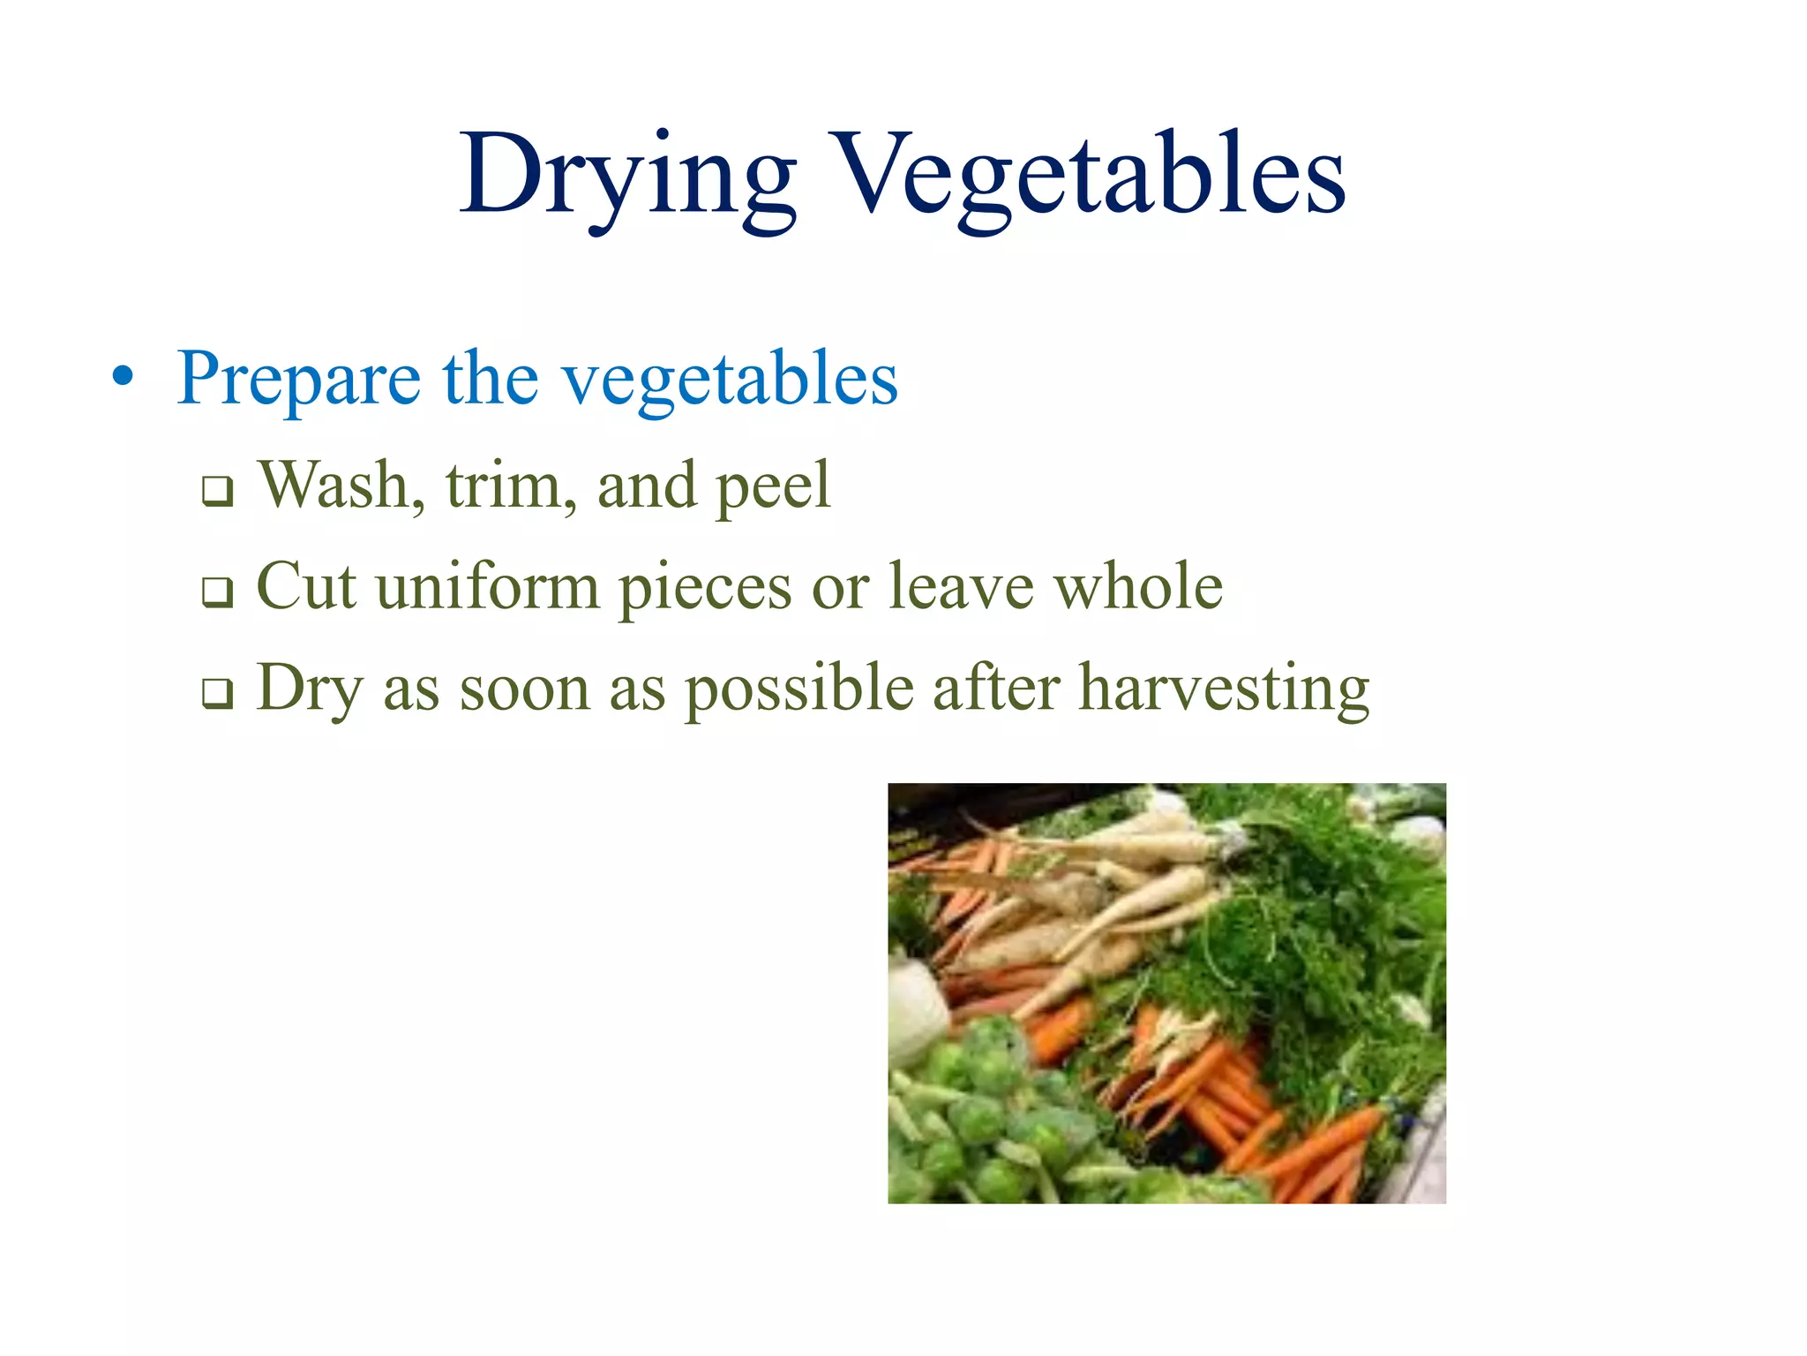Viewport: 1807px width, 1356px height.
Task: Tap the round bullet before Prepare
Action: coord(124,378)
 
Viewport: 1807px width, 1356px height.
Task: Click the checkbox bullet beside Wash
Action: coord(217,491)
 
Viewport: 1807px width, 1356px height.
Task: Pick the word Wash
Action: coord(341,486)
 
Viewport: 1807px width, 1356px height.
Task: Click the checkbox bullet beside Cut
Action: coord(217,591)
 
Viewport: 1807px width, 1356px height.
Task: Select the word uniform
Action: coord(488,586)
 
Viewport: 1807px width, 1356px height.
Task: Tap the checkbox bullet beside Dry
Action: coord(217,693)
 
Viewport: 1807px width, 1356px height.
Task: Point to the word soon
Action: coord(524,689)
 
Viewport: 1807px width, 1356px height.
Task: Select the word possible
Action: coord(799,689)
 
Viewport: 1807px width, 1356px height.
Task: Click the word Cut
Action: coord(306,586)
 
